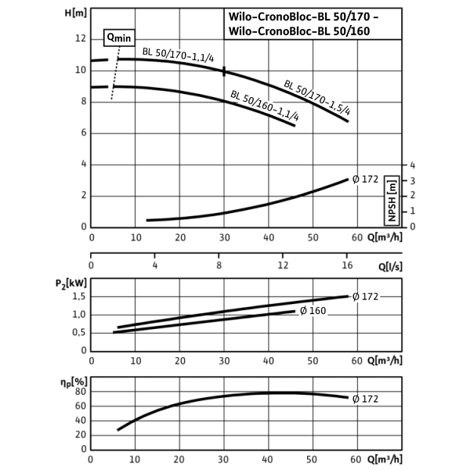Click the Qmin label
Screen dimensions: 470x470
tap(119, 38)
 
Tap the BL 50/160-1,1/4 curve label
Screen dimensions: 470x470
tap(266, 107)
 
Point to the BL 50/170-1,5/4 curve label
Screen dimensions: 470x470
tap(317, 97)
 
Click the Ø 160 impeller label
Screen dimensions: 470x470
tap(313, 311)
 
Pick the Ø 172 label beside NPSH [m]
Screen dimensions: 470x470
tap(365, 179)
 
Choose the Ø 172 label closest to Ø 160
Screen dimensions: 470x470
tap(365, 297)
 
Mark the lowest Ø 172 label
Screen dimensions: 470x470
tap(365, 399)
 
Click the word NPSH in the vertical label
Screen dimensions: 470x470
tap(392, 210)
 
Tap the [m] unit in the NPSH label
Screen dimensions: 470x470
tap(392, 188)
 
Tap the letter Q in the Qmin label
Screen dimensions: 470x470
tap(110, 37)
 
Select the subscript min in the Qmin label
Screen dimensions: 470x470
tap(124, 39)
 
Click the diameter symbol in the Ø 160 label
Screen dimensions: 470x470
tap(303, 311)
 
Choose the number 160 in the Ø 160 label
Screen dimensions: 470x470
tap(317, 311)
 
